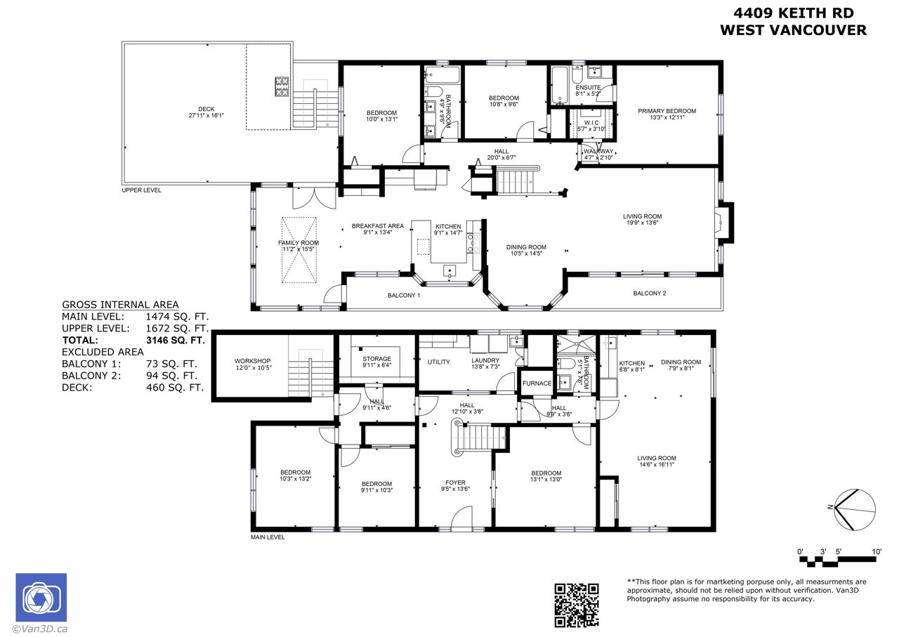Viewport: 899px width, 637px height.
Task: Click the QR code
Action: tap(577, 605)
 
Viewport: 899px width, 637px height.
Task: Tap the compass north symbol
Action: tap(855, 509)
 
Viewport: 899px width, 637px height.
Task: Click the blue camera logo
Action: tap(41, 597)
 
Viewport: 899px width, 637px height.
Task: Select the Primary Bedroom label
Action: tap(667, 114)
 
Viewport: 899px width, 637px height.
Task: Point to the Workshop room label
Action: tap(252, 364)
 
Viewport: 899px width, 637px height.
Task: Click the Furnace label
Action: tap(537, 383)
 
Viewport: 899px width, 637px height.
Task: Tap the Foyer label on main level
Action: tap(455, 486)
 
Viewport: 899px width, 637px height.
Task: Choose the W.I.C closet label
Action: tap(591, 126)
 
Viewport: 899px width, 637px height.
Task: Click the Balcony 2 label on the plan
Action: tap(650, 294)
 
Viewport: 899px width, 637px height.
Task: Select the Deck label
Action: tap(206, 112)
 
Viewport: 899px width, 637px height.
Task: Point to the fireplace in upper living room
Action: tap(725, 223)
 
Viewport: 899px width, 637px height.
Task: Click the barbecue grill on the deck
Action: tap(282, 86)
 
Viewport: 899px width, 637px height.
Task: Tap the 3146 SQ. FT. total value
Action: tap(176, 341)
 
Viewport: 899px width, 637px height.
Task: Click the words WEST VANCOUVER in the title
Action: tap(794, 30)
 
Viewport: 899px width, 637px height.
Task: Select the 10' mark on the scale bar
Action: tap(877, 552)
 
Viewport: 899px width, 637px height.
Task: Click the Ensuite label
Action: tap(588, 91)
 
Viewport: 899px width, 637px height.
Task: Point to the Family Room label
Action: tap(298, 246)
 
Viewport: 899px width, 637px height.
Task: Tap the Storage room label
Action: tap(376, 362)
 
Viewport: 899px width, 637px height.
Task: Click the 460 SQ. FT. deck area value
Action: tap(175, 388)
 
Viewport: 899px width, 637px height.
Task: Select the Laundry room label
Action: tap(485, 363)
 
